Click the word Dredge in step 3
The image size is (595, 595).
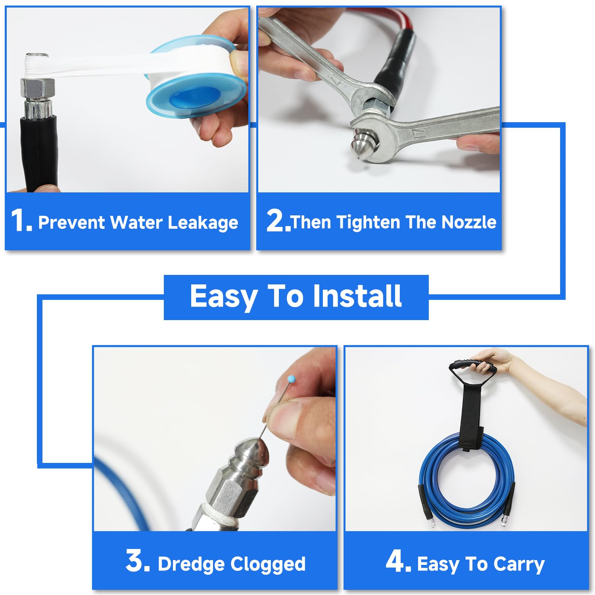pyautogui.click(x=192, y=564)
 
